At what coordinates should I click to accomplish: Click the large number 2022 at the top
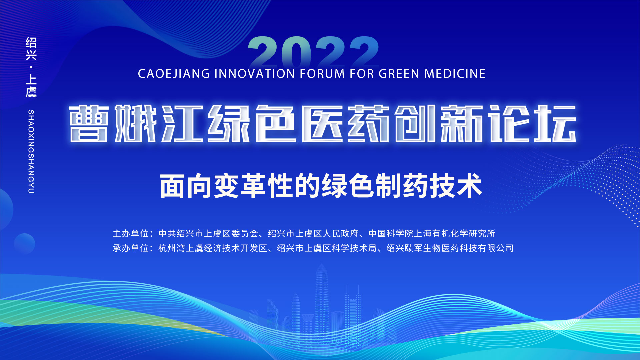pos(313,52)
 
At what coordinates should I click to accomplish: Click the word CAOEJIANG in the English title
pos(174,74)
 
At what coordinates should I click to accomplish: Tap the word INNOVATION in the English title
pos(255,74)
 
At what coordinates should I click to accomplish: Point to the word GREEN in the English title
pos(399,74)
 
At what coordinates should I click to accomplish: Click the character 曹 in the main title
pos(89,124)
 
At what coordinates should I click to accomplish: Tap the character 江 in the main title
pos(183,124)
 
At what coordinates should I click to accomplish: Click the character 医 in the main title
pos(322,124)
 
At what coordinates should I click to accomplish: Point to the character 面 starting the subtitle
pos(172,186)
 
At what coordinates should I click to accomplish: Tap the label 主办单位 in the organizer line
pos(130,234)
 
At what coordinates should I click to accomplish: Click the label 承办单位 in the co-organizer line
pos(130,248)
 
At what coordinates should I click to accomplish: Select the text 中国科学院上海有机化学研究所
pos(432,234)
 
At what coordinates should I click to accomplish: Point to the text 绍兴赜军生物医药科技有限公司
pos(450,248)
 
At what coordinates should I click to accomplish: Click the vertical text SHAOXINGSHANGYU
pos(31,152)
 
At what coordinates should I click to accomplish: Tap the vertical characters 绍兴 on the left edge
pos(31,49)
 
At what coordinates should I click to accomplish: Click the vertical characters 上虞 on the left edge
pos(31,86)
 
